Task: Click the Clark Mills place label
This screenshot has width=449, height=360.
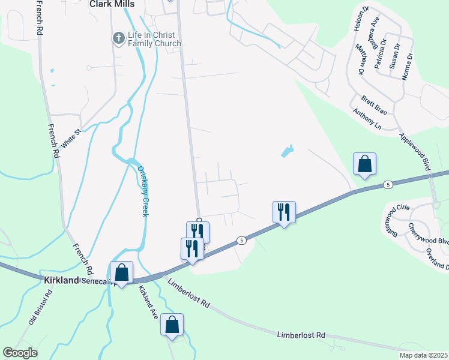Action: (x=112, y=4)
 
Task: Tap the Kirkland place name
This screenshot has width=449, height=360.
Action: (x=62, y=280)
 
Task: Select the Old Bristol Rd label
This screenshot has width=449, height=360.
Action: (x=41, y=307)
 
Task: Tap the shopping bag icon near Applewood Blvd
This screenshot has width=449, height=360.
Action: (x=364, y=164)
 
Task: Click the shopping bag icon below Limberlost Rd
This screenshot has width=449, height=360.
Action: (x=172, y=325)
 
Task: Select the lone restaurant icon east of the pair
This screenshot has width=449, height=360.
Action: (x=284, y=212)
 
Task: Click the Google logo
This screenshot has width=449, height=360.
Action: (x=20, y=353)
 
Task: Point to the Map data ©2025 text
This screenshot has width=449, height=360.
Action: (x=423, y=355)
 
